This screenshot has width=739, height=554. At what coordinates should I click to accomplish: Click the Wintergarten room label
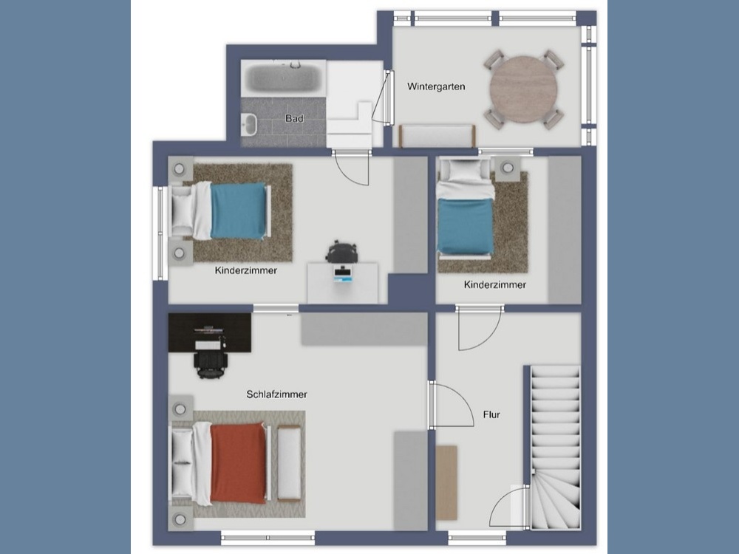pos(436,86)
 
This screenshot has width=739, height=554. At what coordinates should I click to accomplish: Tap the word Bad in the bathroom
pos(294,118)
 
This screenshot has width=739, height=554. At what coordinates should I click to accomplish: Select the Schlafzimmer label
pos(276,394)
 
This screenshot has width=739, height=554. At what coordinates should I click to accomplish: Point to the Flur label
pos(491,414)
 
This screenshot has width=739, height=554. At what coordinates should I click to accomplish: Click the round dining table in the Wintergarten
pos(523,89)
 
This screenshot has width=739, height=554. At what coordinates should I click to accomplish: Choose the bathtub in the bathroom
pos(284,78)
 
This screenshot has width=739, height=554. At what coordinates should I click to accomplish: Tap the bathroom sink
pos(248,124)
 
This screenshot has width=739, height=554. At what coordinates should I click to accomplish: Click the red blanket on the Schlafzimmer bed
pos(239,462)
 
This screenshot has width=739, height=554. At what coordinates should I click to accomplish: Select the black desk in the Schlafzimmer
pos(210,332)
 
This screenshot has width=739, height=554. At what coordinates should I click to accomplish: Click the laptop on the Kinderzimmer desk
pos(343,274)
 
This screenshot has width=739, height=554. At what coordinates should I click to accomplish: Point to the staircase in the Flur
pos(555,448)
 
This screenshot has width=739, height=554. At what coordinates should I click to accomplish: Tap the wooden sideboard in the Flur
pos(446,483)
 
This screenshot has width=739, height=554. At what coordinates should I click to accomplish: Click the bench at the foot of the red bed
pos(290,462)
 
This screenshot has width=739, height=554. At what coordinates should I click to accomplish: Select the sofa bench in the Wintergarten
pos(437,136)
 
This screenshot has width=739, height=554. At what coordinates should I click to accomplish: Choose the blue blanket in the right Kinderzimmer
pos(465,226)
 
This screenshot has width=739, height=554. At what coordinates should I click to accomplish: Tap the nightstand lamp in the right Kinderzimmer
pos(508,168)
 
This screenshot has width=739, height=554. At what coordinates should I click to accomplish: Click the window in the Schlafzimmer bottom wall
pos(268,538)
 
